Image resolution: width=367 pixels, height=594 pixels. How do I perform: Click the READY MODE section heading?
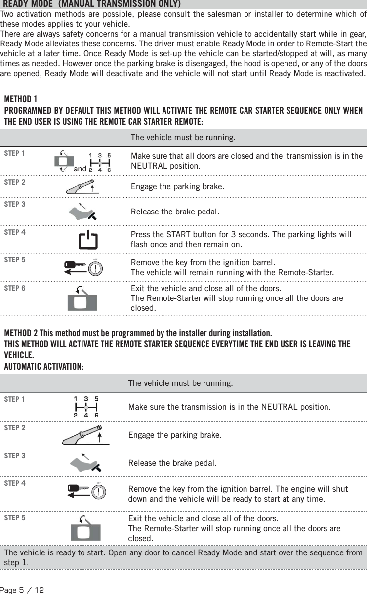click(91, 4)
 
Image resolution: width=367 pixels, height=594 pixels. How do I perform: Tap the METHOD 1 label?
click(20, 99)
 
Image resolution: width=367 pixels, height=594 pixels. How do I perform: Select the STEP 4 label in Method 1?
click(15, 232)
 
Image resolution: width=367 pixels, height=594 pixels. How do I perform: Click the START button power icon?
click(88, 240)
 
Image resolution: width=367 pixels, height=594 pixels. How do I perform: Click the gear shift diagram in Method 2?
click(86, 407)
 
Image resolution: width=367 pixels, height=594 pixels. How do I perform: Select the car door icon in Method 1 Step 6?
click(82, 299)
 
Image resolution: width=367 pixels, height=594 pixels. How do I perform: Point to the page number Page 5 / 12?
click(22, 590)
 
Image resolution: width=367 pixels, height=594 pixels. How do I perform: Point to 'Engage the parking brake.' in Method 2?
click(175, 436)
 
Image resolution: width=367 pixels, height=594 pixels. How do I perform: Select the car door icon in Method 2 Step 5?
click(85, 528)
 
